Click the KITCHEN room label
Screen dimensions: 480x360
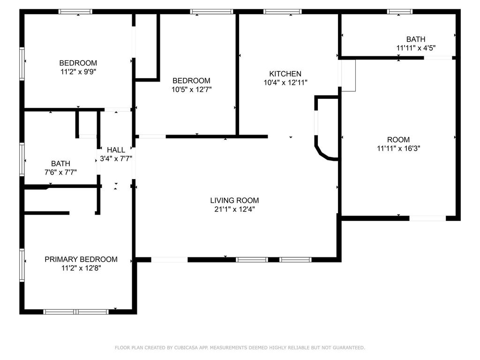pyautogui.click(x=285, y=74)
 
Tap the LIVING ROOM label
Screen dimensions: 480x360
pyautogui.click(x=234, y=201)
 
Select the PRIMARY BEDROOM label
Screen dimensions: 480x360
pyautogui.click(x=81, y=259)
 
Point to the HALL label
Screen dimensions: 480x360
pyautogui.click(x=116, y=150)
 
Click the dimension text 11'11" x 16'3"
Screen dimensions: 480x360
pyautogui.click(x=398, y=149)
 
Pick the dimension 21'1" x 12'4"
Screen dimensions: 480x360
pyautogui.click(x=234, y=210)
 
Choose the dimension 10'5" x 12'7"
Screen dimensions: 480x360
pyautogui.click(x=192, y=90)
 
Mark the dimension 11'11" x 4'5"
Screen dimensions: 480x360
pyautogui.click(x=416, y=48)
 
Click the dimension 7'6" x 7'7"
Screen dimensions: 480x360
pyautogui.click(x=60, y=172)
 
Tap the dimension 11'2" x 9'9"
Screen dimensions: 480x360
pyautogui.click(x=78, y=72)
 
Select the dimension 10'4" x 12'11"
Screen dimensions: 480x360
pyautogui.click(x=285, y=82)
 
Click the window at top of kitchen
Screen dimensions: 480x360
pyautogui.click(x=283, y=12)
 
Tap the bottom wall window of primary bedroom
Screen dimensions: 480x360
pyautogui.click(x=76, y=312)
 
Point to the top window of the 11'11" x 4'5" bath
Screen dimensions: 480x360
pyautogui.click(x=400, y=12)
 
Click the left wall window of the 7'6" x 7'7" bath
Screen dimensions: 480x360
pyautogui.click(x=22, y=159)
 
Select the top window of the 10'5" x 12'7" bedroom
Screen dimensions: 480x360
pyautogui.click(x=211, y=12)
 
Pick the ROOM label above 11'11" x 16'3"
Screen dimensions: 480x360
pyautogui.click(x=398, y=140)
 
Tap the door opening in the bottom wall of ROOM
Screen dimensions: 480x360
pyautogui.click(x=427, y=218)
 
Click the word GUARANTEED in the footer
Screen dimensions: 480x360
pyautogui.click(x=349, y=348)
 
